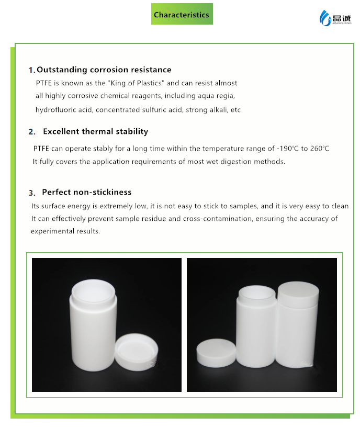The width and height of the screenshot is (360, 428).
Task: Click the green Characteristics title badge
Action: tap(182, 14)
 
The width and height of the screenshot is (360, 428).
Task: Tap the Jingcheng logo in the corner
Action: tap(335, 18)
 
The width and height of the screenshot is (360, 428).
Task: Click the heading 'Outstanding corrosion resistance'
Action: tap(104, 70)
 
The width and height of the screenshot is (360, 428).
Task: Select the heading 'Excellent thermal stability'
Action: tap(96, 131)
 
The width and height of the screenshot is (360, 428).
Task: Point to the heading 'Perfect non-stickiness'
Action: tap(87, 192)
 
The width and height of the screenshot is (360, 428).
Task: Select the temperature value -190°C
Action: tap(288, 149)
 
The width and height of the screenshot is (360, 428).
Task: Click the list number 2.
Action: tap(32, 132)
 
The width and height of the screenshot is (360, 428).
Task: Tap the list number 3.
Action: tap(32, 193)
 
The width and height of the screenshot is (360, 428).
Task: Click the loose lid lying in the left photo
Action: tap(136, 352)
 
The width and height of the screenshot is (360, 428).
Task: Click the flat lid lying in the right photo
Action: tap(216, 353)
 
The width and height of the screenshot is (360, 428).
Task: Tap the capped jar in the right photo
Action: tap(297, 324)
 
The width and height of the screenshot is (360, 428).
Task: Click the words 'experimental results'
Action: tap(65, 231)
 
